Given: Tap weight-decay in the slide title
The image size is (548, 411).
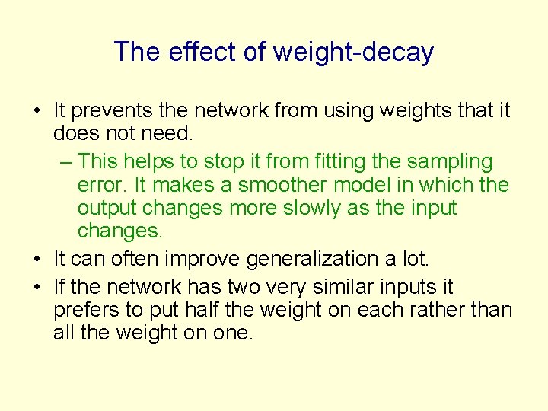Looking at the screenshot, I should pyautogui.click(x=352, y=53).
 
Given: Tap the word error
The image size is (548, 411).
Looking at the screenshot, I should pyautogui.click(x=104, y=185).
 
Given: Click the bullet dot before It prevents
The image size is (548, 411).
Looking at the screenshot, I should pyautogui.click(x=37, y=112).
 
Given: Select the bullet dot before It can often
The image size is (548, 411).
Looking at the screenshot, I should pyautogui.click(x=37, y=260).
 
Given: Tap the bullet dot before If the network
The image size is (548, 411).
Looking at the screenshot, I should pyautogui.click(x=37, y=288).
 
